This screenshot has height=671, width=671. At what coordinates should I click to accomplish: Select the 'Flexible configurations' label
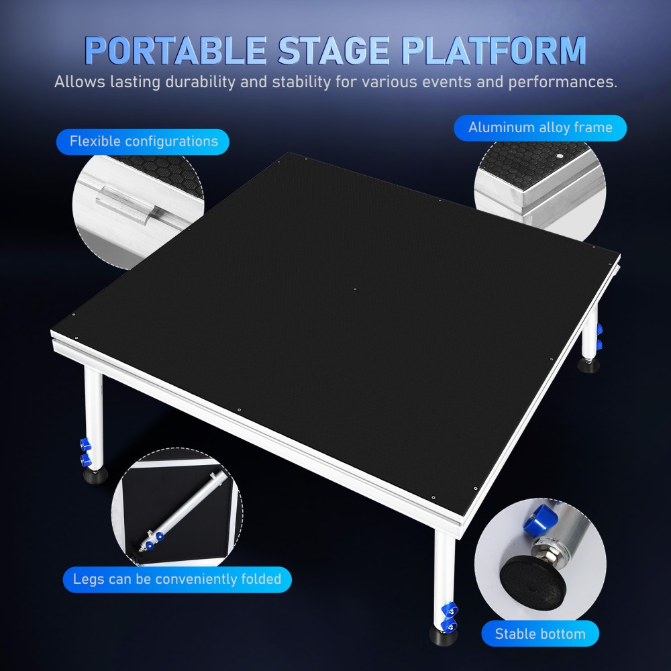pos(144,142)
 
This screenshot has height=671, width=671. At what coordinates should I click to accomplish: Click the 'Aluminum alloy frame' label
pos(540,127)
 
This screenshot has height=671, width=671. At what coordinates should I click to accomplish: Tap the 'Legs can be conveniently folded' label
pos(177,578)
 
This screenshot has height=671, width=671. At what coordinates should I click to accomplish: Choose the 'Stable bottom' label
pos(540,633)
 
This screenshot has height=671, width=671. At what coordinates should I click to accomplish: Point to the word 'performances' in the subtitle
pos(562,83)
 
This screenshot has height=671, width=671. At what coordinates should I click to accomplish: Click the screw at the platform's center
pos(356,290)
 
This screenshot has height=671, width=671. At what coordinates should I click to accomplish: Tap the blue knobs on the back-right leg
pos(599,336)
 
